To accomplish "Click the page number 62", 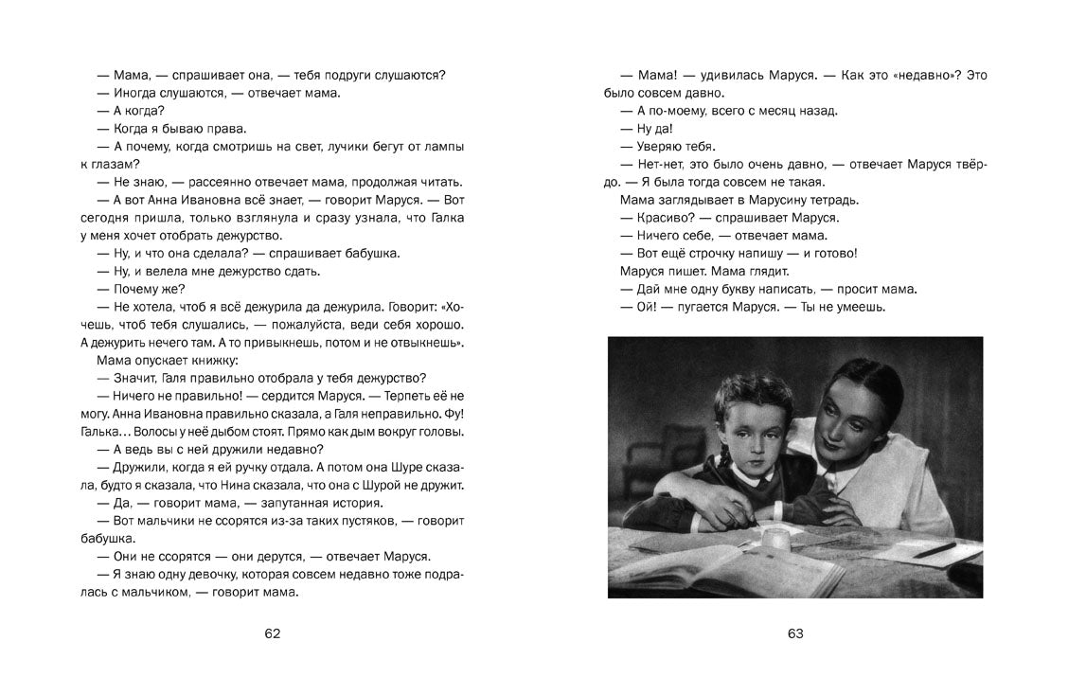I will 273,633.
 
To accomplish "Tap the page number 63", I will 795,633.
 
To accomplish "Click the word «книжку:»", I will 211,361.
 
